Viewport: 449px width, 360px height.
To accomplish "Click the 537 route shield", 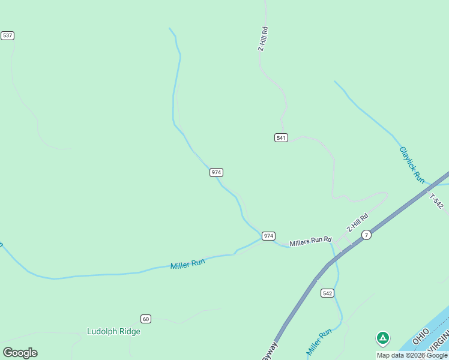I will (7, 35).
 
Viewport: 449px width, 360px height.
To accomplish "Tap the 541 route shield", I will (281, 137).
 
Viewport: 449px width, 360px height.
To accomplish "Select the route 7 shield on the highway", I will (366, 235).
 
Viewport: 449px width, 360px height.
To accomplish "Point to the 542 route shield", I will (327, 293).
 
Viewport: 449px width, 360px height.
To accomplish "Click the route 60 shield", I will (145, 318).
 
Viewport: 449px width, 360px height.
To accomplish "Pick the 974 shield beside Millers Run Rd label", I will (268, 236).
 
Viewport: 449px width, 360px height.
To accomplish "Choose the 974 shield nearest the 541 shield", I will (217, 172).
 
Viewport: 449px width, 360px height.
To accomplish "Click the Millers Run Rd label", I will (310, 242).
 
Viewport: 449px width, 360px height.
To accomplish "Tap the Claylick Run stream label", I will (412, 165).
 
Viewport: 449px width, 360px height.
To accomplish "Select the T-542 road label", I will (436, 201).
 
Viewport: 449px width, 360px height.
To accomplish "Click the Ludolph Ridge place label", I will (113, 331).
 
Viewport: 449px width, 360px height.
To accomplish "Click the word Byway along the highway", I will (270, 351).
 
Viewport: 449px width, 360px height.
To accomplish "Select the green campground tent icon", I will (382, 338).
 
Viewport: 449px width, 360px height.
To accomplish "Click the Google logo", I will (20, 353).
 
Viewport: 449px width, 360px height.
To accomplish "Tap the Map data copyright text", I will (412, 355).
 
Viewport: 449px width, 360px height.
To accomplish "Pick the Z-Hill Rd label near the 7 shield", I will (357, 223).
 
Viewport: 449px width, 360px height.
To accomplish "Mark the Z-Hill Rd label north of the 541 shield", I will (262, 38).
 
